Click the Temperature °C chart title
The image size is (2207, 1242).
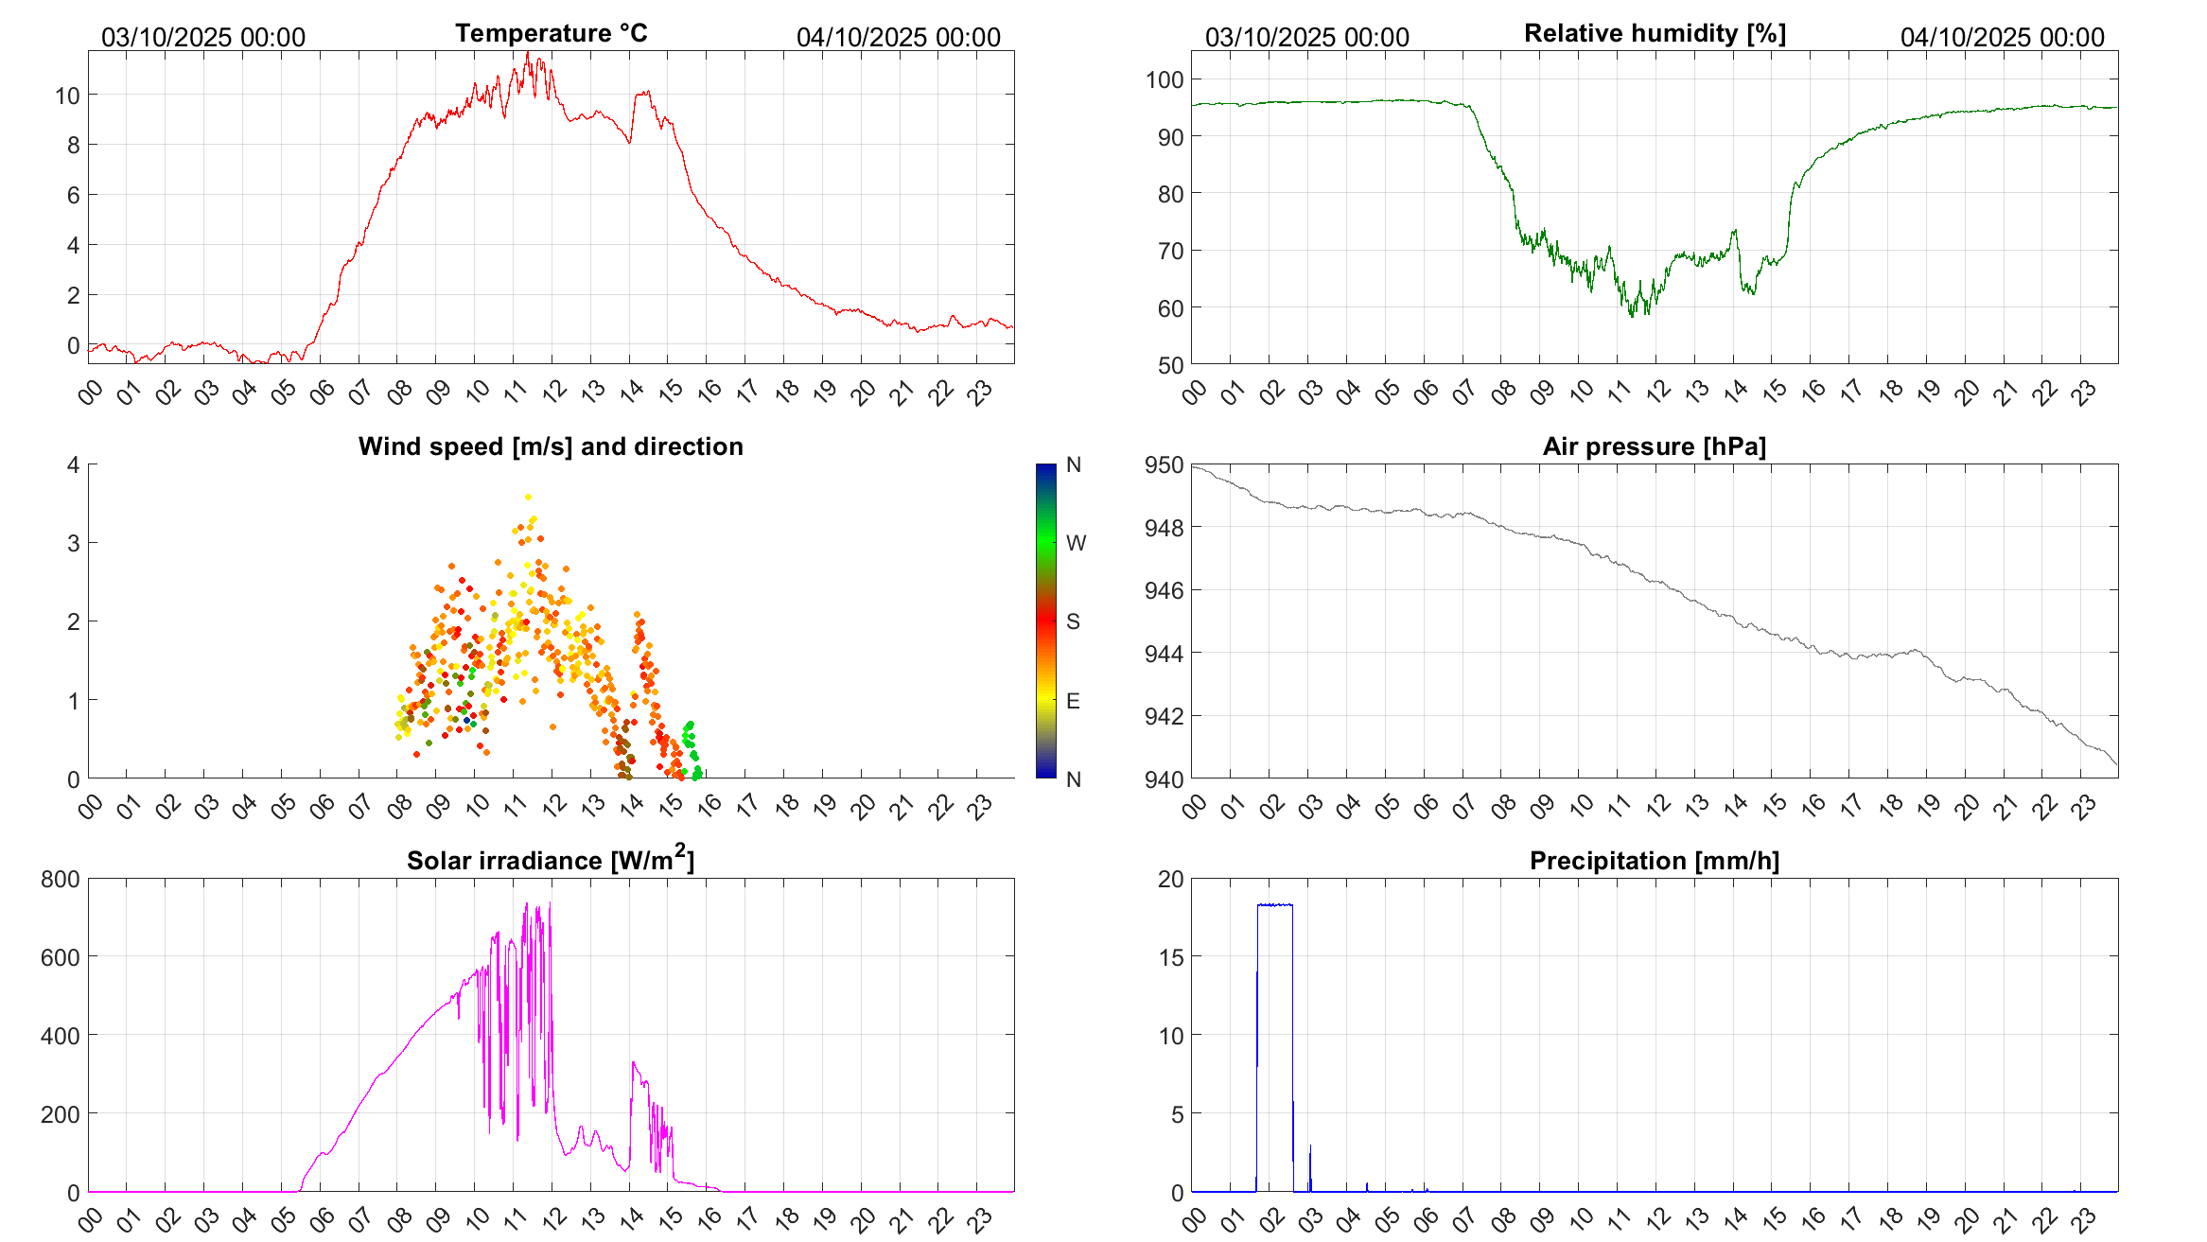(551, 33)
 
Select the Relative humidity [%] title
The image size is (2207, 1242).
(1655, 33)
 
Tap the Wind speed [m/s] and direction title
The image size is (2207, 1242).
(551, 446)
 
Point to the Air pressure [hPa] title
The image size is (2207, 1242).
(1655, 446)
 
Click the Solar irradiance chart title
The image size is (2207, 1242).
(551, 860)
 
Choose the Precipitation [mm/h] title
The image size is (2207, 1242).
(1655, 861)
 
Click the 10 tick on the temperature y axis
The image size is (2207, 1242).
(67, 96)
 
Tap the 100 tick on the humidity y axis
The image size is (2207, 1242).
(1165, 79)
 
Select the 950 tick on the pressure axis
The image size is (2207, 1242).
(1165, 464)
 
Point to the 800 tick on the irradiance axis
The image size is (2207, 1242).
(61, 879)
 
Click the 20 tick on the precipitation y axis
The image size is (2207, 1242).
(1171, 879)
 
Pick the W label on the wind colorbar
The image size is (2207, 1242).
(1076, 543)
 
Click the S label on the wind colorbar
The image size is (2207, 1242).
(1073, 621)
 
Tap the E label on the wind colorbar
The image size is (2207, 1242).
(1073, 701)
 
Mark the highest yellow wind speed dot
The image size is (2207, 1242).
(528, 497)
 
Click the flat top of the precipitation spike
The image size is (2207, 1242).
(1275, 905)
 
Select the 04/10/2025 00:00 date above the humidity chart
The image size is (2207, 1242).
(2002, 38)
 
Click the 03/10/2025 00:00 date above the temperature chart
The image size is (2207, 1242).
(203, 38)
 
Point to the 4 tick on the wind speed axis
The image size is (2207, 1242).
(73, 464)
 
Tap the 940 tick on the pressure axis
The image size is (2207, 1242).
(1165, 779)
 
